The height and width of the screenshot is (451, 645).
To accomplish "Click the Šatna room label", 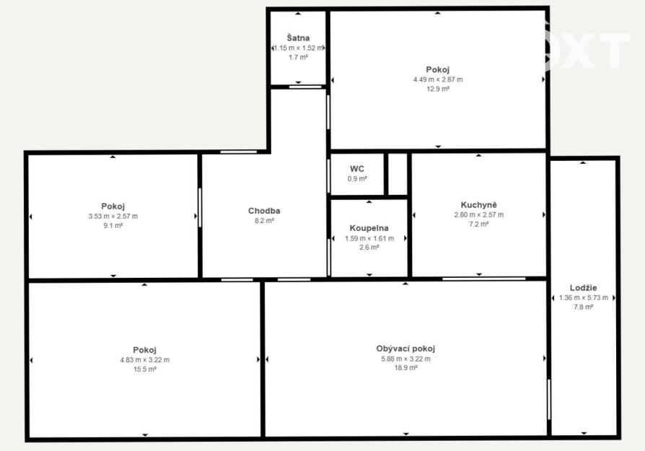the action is (x=298, y=38).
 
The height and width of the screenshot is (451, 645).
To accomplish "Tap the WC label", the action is (x=357, y=169).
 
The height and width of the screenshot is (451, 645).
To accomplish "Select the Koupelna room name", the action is (x=369, y=228).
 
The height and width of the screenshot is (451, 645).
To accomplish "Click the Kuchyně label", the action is (x=479, y=204).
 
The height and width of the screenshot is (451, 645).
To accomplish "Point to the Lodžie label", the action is (x=583, y=288).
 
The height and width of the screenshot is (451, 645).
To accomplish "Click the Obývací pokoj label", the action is (x=405, y=349).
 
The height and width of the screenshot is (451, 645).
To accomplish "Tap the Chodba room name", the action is (x=264, y=211).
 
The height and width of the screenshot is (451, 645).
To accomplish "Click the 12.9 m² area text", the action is (x=438, y=89).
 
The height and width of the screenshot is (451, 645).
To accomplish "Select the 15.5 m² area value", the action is (x=145, y=369).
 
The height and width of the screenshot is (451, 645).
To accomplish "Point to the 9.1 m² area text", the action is (x=113, y=225).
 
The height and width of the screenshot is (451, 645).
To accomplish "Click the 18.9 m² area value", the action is (x=406, y=368).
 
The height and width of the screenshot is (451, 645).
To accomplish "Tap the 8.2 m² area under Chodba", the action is (x=265, y=221).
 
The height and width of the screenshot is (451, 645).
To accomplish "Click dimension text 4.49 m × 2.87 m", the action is (x=438, y=79).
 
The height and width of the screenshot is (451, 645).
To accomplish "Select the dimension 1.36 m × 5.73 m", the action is (x=583, y=297).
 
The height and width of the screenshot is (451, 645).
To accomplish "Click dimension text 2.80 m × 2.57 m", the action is (x=479, y=214).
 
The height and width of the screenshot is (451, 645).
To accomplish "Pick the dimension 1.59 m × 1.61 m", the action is (x=369, y=238).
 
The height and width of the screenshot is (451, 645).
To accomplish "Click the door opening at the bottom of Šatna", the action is (x=305, y=87).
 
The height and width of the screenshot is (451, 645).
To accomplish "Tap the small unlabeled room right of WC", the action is (x=398, y=174).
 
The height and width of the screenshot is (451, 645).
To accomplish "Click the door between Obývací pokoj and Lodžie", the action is (x=549, y=399).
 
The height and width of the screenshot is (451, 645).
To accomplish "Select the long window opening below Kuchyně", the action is (x=483, y=279).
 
